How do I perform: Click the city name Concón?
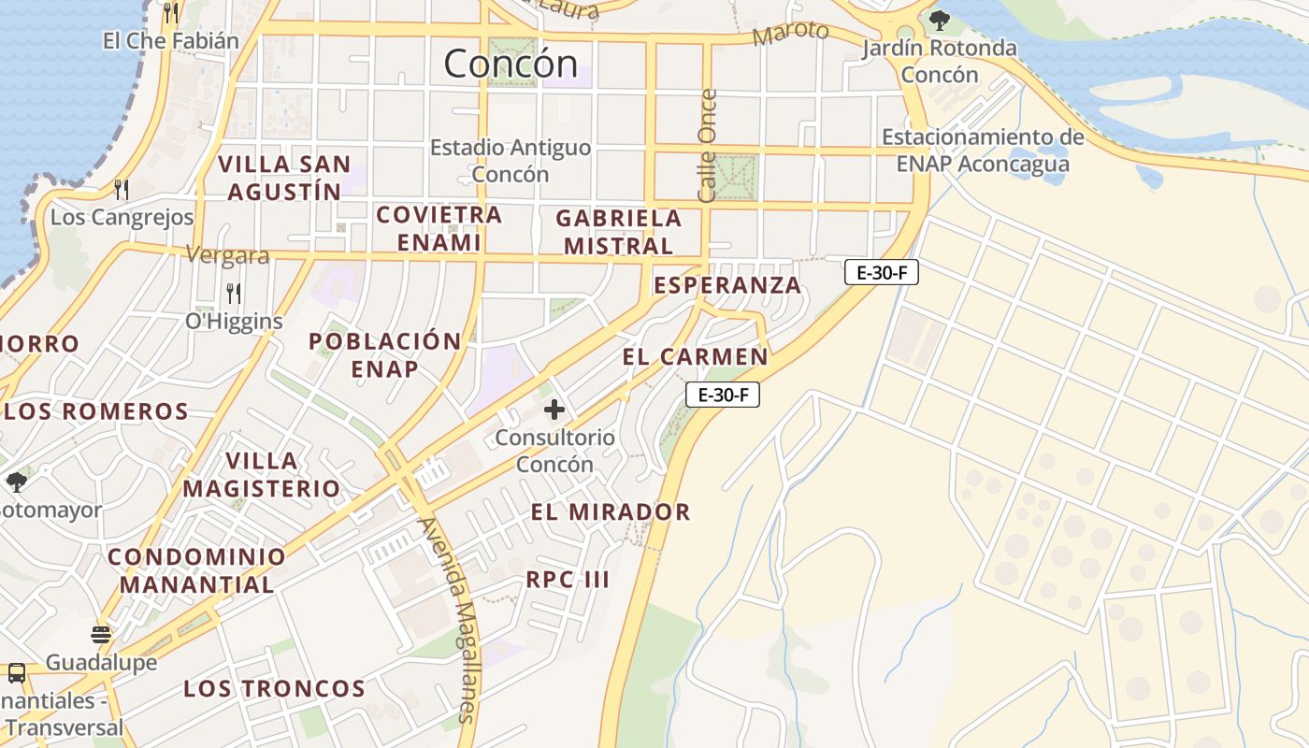511,64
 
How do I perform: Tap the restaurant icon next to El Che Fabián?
170,12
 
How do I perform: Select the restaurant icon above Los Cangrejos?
122,190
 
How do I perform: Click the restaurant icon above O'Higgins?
234,294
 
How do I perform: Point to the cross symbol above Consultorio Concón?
554,409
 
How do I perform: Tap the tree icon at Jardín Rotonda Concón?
940,19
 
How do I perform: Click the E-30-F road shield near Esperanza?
881,273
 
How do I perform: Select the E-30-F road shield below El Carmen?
722,395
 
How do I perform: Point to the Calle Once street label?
708,145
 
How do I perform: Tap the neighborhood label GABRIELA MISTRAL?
618,232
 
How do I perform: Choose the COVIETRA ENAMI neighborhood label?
439,228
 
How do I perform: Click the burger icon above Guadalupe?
101,635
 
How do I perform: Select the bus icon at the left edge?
16,672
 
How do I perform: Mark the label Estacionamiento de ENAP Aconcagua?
983,151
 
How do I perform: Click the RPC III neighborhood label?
568,579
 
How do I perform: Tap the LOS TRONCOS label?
274,689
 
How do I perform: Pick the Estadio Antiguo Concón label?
510,161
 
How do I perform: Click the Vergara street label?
227,255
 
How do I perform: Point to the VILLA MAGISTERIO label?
262,474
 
